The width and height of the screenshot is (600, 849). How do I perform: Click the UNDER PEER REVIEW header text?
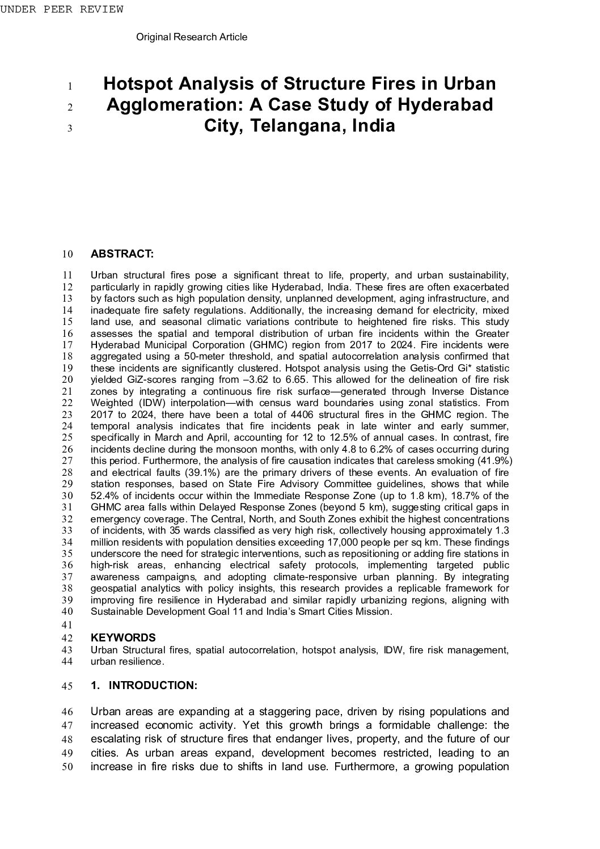point(61,9)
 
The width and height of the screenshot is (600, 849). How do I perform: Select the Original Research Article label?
point(192,37)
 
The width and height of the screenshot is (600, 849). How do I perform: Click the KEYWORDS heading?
point(123,637)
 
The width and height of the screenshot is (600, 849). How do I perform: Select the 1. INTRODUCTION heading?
point(144,685)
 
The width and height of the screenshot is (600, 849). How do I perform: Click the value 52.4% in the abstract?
point(103,496)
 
